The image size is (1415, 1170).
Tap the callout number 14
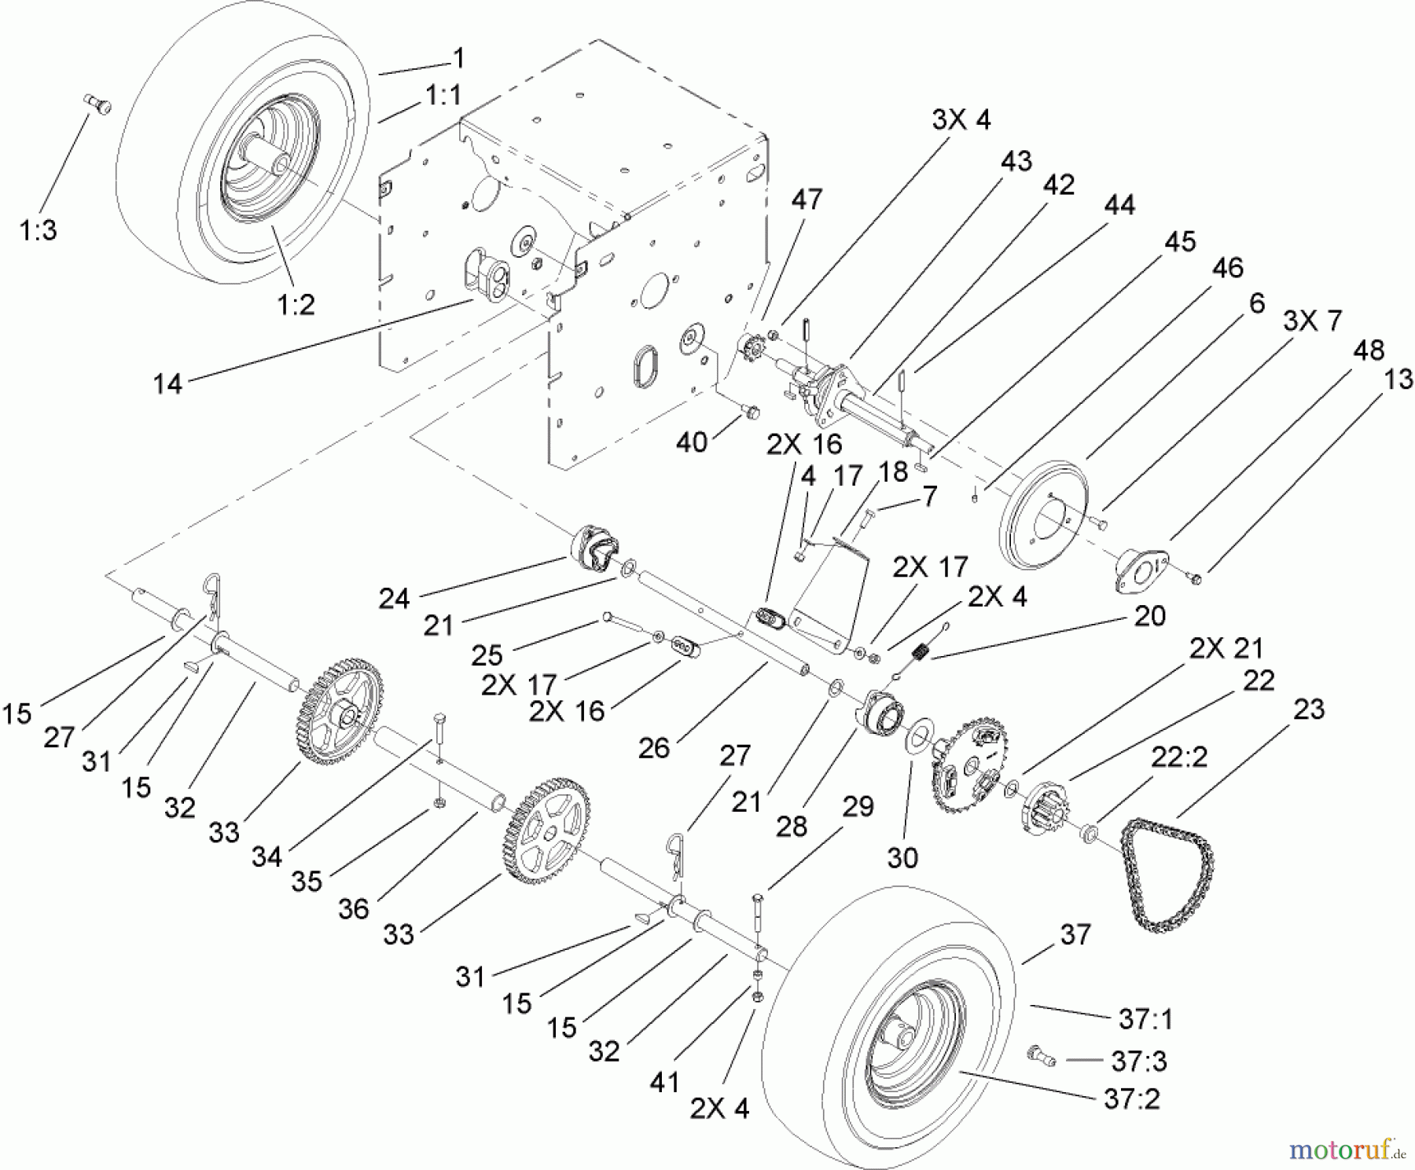168,384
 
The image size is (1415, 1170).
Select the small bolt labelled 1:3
97,105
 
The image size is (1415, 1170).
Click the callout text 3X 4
961,120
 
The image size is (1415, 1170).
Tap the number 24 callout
394,599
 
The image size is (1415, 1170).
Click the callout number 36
353,909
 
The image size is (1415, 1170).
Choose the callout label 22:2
1179,758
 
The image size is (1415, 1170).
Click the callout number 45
1179,241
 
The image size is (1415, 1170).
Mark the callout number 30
902,857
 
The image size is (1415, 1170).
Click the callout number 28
792,827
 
